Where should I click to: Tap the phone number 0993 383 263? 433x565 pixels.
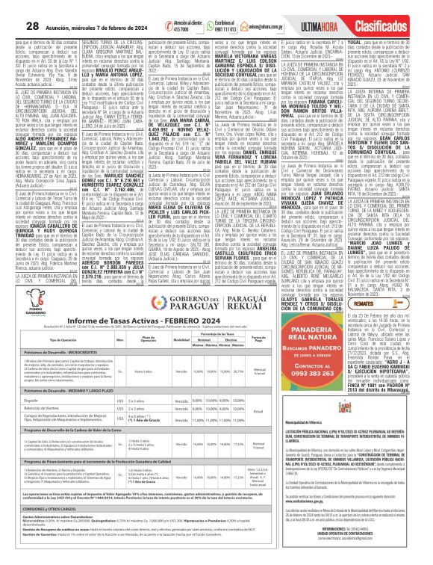coord(353,373)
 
